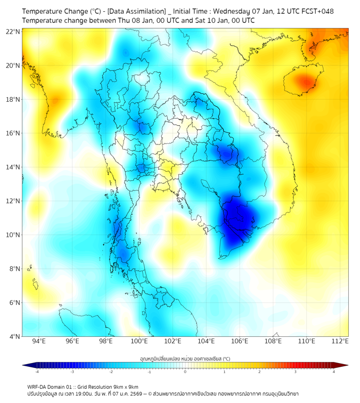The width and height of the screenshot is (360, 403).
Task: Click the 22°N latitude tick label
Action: pos(13,31)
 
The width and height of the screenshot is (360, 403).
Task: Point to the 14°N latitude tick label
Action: pos(13,167)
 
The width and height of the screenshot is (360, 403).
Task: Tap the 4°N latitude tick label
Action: pos(14,336)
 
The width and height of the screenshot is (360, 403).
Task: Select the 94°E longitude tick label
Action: pos(38,341)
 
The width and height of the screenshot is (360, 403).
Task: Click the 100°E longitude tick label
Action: pos(140,341)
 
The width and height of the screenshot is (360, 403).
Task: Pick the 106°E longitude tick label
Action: pos(240,341)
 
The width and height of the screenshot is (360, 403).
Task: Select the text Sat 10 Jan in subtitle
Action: pos(203,20)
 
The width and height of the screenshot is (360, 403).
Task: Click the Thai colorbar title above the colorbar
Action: pos(185,358)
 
